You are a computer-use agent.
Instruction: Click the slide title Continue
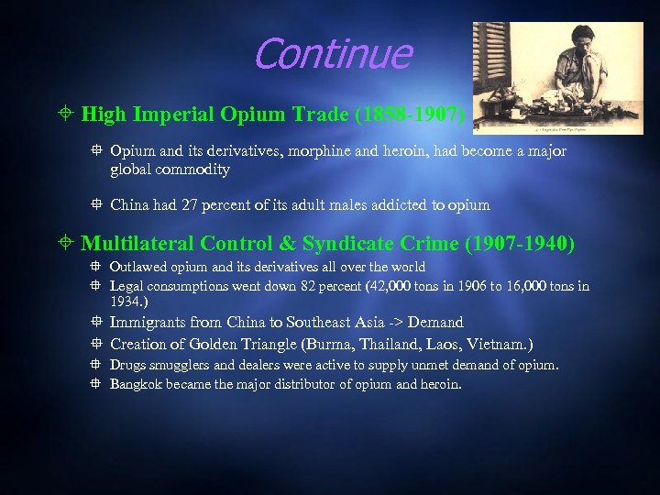[x=332, y=54]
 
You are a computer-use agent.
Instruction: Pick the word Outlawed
[x=138, y=267]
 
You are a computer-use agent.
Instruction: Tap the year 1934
[x=125, y=301]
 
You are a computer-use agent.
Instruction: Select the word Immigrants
[x=146, y=323]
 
